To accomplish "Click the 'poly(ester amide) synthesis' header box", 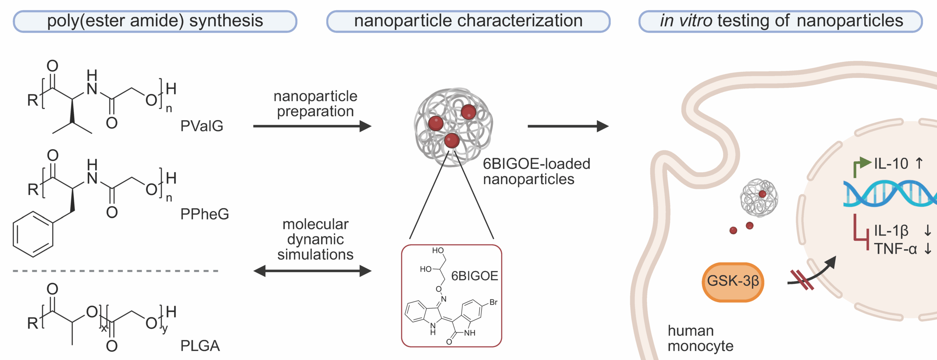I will (x=155, y=21).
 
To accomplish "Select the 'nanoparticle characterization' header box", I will (x=468, y=21).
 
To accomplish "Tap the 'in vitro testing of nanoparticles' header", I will (x=780, y=21).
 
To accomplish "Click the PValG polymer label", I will (x=202, y=126).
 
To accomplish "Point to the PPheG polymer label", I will (x=205, y=214).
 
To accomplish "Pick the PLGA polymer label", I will (x=200, y=346).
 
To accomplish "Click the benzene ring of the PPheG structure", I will (x=33, y=234).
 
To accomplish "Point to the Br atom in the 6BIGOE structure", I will (x=493, y=302).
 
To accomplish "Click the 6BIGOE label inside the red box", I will (x=474, y=276).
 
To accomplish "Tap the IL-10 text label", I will (x=891, y=164).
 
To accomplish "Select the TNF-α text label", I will (x=895, y=249).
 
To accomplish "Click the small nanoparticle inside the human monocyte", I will (x=759, y=198).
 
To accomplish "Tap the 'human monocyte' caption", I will (x=700, y=338).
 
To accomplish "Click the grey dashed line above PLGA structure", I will (x=116, y=271).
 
